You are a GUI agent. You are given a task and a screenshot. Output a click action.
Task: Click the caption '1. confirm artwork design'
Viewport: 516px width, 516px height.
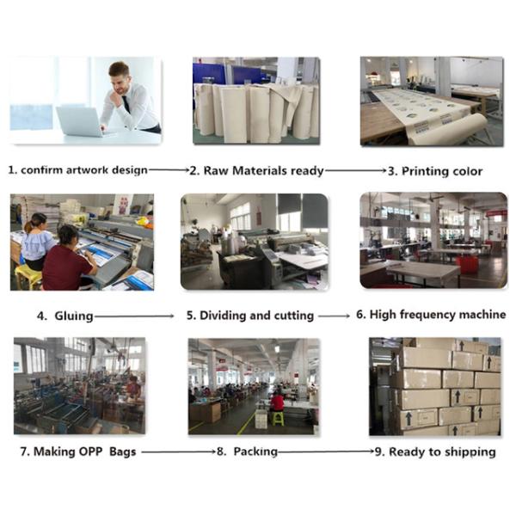pyautogui.click(x=78, y=170)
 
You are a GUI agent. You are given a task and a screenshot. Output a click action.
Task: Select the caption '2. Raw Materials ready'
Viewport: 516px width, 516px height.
pyautogui.click(x=256, y=170)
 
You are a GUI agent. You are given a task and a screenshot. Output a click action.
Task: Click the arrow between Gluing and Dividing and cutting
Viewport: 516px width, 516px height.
pyautogui.click(x=138, y=316)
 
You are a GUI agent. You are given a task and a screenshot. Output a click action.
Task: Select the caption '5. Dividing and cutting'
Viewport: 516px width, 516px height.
pyautogui.click(x=250, y=316)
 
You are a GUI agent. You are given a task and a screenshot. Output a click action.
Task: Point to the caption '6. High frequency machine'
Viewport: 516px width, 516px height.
pyautogui.click(x=431, y=315)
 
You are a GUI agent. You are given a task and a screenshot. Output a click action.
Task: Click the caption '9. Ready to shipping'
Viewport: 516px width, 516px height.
pyautogui.click(x=435, y=451)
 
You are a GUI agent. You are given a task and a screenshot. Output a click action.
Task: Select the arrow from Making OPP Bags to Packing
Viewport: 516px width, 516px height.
pyautogui.click(x=177, y=451)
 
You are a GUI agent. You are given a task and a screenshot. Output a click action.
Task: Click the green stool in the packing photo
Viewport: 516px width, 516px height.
pyautogui.click(x=277, y=418)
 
